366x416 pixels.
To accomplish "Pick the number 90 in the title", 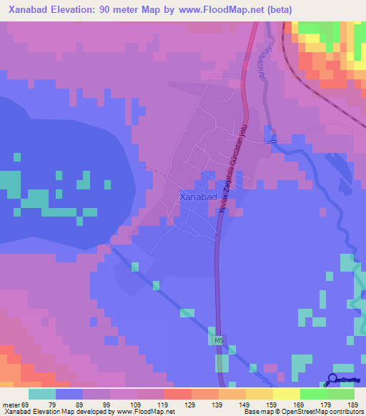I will (122, 9).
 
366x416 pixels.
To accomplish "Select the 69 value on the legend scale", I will (28, 405).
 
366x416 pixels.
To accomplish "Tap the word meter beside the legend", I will (10, 405).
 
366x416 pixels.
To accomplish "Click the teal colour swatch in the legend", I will (41, 394).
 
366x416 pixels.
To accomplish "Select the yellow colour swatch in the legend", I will (286, 394).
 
